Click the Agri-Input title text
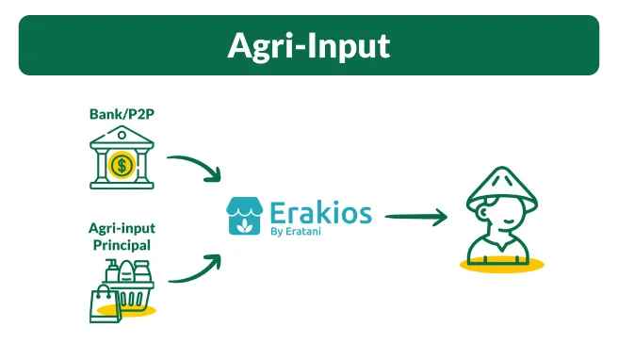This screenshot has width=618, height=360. tap(308, 45)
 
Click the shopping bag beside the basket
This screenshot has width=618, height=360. tap(102, 303)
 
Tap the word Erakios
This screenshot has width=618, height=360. tap(320, 210)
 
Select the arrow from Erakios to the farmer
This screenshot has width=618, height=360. tap(415, 218)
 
